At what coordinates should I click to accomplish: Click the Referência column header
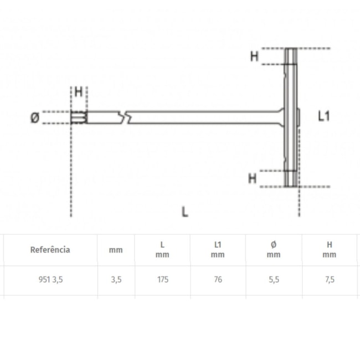(x=50, y=250)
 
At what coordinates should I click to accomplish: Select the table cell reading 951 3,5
(x=50, y=280)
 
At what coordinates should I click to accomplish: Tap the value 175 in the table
(x=162, y=280)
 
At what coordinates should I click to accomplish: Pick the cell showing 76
(x=218, y=280)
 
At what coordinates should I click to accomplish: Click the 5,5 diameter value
(x=274, y=280)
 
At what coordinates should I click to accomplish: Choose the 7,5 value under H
(x=330, y=280)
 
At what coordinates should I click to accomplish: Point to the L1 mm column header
(x=218, y=250)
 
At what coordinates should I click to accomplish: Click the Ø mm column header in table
(x=274, y=250)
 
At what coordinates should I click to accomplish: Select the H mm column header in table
(x=330, y=250)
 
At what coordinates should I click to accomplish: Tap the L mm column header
(x=162, y=250)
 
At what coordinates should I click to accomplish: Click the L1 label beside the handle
(x=324, y=116)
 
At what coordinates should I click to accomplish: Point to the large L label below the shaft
(x=184, y=211)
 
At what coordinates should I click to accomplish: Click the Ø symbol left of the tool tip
(x=34, y=117)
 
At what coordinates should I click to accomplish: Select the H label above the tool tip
(x=79, y=92)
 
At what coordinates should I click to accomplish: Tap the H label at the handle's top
(x=254, y=56)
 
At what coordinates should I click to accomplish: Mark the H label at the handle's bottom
(x=252, y=178)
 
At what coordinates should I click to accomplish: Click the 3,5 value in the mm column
(x=116, y=280)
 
